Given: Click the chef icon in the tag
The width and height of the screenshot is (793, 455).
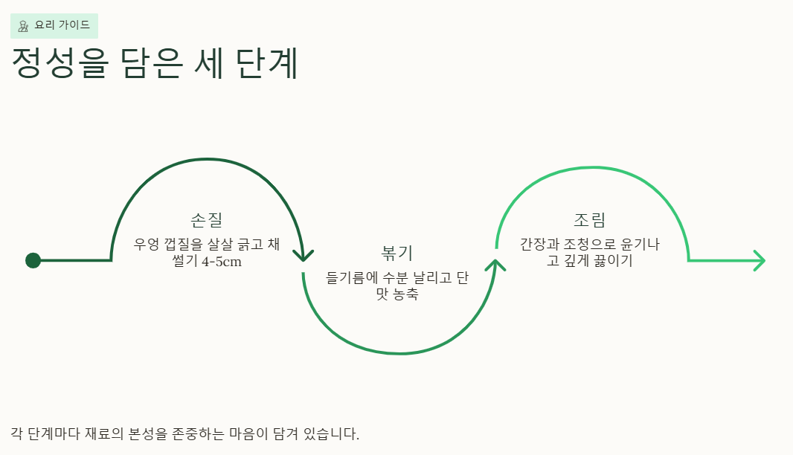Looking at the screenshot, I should pyautogui.click(x=23, y=26).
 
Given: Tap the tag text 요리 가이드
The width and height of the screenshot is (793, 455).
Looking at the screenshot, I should pyautogui.click(x=62, y=25).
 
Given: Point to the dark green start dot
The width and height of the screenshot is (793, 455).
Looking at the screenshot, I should pyautogui.click(x=33, y=260).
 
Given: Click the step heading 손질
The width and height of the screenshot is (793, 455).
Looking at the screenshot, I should pyautogui.click(x=206, y=220).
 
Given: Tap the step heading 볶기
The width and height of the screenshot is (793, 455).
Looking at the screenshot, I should pyautogui.click(x=396, y=253).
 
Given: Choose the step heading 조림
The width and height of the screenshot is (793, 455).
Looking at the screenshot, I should pyautogui.click(x=589, y=220).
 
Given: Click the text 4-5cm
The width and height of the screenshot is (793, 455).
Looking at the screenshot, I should pyautogui.click(x=222, y=262).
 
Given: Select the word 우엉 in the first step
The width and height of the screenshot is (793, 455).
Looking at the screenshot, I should pyautogui.click(x=147, y=244).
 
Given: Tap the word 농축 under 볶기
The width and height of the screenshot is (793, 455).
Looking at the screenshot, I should pyautogui.click(x=406, y=294).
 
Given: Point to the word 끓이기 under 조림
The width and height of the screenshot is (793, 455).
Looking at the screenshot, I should pyautogui.click(x=614, y=261).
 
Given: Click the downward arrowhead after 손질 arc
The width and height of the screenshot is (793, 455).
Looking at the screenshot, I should pyautogui.click(x=304, y=254).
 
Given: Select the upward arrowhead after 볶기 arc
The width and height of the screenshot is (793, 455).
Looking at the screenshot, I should pyautogui.click(x=495, y=265).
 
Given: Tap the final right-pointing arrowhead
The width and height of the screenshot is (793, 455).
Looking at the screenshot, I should pyautogui.click(x=760, y=260).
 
